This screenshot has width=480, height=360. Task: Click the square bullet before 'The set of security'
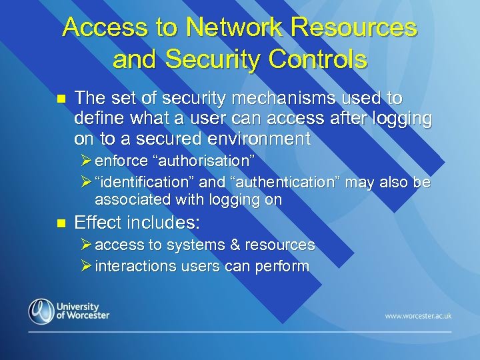click(60, 99)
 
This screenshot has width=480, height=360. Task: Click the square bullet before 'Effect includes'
click(60, 222)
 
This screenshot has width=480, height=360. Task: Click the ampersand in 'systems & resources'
click(234, 245)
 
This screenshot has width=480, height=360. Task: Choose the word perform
click(286, 267)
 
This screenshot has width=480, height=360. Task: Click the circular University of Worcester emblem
click(41, 311)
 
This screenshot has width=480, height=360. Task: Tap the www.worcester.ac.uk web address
click(418, 315)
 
